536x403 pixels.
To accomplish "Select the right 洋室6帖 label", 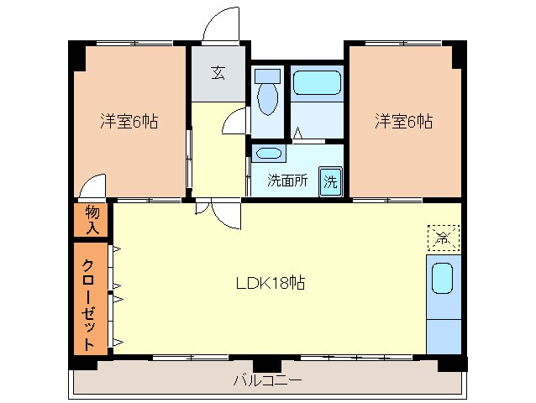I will (x=403, y=122).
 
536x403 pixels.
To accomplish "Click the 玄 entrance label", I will (x=218, y=73).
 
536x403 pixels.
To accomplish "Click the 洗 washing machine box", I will (x=331, y=181).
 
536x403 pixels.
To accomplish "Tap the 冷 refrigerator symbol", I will (x=443, y=237).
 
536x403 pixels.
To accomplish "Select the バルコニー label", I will (x=267, y=380).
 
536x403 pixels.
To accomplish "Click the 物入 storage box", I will (x=92, y=221).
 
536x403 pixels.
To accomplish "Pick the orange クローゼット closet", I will (x=89, y=298).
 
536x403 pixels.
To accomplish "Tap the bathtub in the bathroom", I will (x=318, y=84).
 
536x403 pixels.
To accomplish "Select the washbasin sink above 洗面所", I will (x=268, y=154).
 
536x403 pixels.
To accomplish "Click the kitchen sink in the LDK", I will (x=444, y=277).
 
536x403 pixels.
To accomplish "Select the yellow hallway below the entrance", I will (x=217, y=151).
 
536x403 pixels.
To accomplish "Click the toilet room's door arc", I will (x=238, y=123).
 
